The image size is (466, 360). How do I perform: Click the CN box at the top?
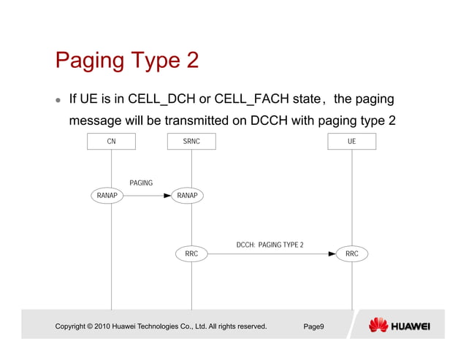(x=111, y=142)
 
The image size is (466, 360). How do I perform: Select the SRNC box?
(x=191, y=142)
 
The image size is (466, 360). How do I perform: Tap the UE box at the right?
(x=351, y=142)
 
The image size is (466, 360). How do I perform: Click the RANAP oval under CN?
(x=107, y=196)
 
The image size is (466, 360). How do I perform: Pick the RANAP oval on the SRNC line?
(x=188, y=196)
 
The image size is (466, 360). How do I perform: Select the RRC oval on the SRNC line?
(x=191, y=253)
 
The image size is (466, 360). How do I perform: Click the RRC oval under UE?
(x=351, y=253)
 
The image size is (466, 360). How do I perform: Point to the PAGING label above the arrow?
(x=141, y=183)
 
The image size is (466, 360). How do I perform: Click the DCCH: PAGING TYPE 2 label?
(x=270, y=245)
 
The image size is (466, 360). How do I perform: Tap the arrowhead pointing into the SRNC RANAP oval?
(x=167, y=196)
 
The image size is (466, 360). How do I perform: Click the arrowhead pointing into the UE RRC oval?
(x=332, y=253)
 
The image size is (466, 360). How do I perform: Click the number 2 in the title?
(x=191, y=60)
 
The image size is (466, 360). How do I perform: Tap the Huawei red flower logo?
(x=378, y=325)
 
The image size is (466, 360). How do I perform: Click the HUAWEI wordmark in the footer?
(x=411, y=326)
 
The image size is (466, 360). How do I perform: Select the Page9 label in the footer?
(x=313, y=326)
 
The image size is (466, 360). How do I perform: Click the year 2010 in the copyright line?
(x=103, y=326)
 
